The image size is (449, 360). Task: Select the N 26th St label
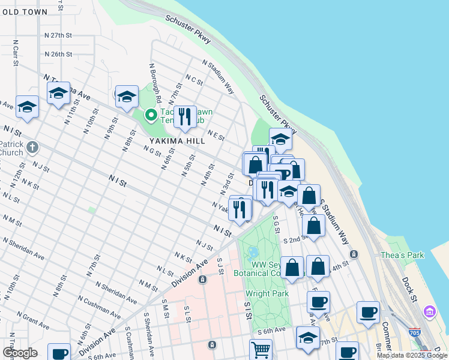click(x=58, y=54)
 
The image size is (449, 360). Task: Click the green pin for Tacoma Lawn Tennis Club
click(x=151, y=115)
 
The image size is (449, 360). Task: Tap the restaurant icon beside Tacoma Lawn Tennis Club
click(x=185, y=116)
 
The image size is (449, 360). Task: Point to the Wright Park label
click(x=267, y=293)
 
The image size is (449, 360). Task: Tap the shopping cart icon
click(x=261, y=349)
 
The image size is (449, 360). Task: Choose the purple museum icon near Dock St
click(x=430, y=311)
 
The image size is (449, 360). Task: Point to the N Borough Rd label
click(x=154, y=81)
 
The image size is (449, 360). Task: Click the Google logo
click(x=20, y=353)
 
